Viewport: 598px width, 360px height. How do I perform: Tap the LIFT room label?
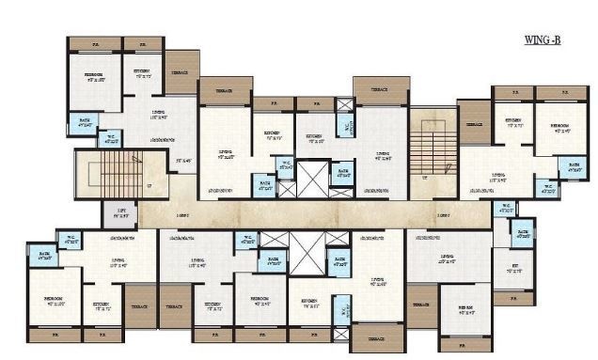121,213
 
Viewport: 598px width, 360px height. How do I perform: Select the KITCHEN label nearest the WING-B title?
513,122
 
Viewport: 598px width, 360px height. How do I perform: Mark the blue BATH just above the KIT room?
523,234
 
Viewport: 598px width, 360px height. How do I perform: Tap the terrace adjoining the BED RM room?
421,305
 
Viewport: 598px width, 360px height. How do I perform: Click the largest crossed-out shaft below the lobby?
306,251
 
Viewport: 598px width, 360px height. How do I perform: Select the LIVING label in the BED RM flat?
446,259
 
